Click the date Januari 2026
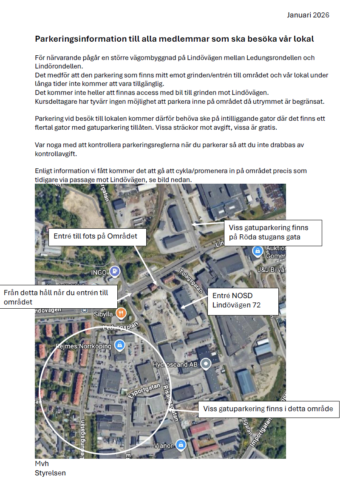point(308,15)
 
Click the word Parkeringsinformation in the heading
point(75,39)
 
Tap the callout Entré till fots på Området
point(95,236)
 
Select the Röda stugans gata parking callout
point(273,233)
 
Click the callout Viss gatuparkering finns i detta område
point(268,409)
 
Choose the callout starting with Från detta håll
point(58,297)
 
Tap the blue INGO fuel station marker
point(114,271)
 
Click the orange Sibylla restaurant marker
point(121,314)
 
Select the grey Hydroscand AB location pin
point(206,364)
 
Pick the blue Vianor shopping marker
point(181,445)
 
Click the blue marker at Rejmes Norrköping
point(120,344)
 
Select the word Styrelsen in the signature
point(50,473)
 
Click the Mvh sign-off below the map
point(42,463)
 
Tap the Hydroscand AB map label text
point(176,365)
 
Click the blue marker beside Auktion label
point(257,251)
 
